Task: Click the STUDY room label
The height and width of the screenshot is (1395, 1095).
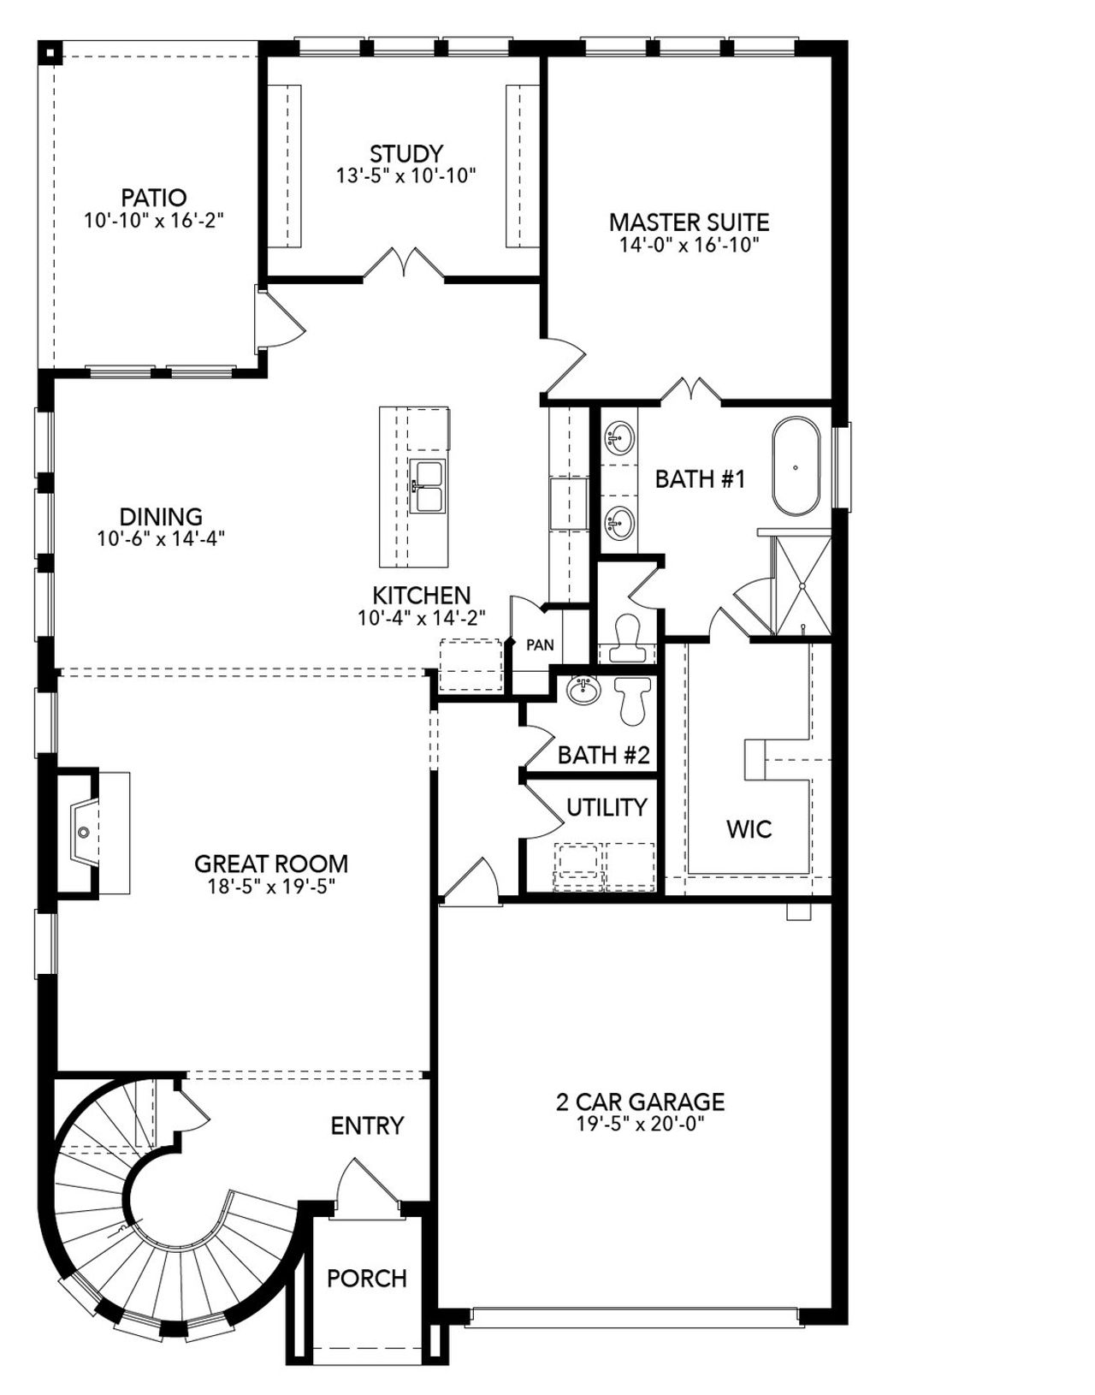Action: (406, 154)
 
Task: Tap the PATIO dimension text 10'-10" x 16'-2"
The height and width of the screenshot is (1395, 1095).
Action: (154, 220)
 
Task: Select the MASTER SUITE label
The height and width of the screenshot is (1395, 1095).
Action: (689, 223)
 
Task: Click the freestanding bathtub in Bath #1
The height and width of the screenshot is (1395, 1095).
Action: (796, 467)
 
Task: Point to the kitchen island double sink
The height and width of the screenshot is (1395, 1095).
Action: (427, 486)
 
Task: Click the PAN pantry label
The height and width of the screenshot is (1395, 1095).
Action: (540, 645)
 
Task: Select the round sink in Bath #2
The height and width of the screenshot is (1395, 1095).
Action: (585, 690)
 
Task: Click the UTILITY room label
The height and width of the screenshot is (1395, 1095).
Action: (607, 807)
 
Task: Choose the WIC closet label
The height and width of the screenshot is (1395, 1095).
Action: (749, 828)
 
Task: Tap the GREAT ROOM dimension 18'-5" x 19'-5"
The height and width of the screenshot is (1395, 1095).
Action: (270, 887)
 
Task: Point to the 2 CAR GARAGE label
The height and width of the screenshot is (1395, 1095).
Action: (640, 1101)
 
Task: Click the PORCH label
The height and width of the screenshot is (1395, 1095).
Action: (367, 1279)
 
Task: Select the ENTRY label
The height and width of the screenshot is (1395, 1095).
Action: (367, 1125)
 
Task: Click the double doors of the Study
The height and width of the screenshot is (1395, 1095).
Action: (403, 264)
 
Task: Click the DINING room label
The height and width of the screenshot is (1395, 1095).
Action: (161, 517)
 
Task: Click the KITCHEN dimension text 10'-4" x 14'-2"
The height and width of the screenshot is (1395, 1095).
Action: (421, 618)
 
